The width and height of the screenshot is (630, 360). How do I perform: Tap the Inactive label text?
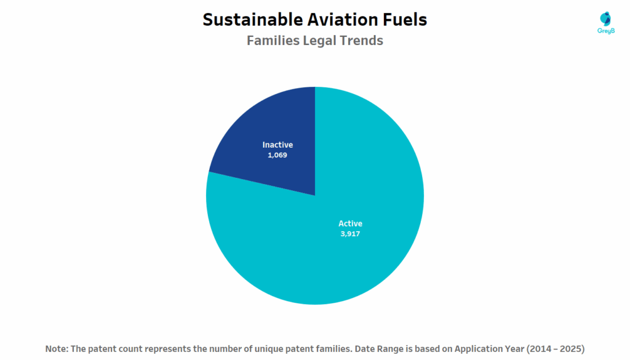coord(277,145)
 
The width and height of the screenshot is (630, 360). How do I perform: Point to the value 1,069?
coord(277,155)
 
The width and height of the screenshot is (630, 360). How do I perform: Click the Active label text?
coord(350,223)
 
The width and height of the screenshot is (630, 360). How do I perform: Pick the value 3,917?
coord(350,234)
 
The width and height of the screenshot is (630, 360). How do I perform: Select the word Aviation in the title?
coord(347,20)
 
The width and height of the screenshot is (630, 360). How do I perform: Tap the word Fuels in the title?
coord(407,20)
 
